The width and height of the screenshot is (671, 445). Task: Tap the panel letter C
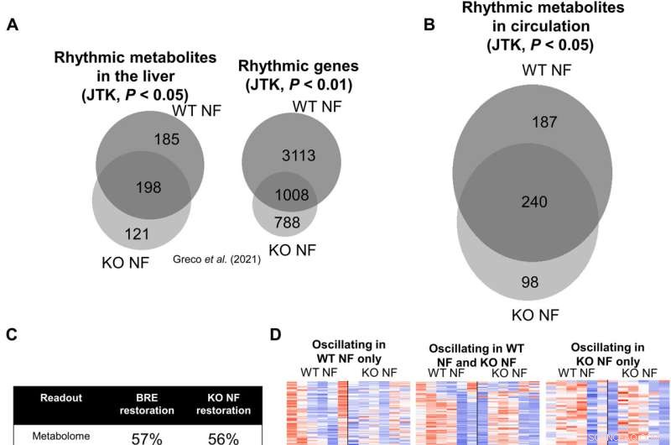coord(13,334)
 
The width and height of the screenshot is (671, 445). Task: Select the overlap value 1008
coord(292,195)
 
